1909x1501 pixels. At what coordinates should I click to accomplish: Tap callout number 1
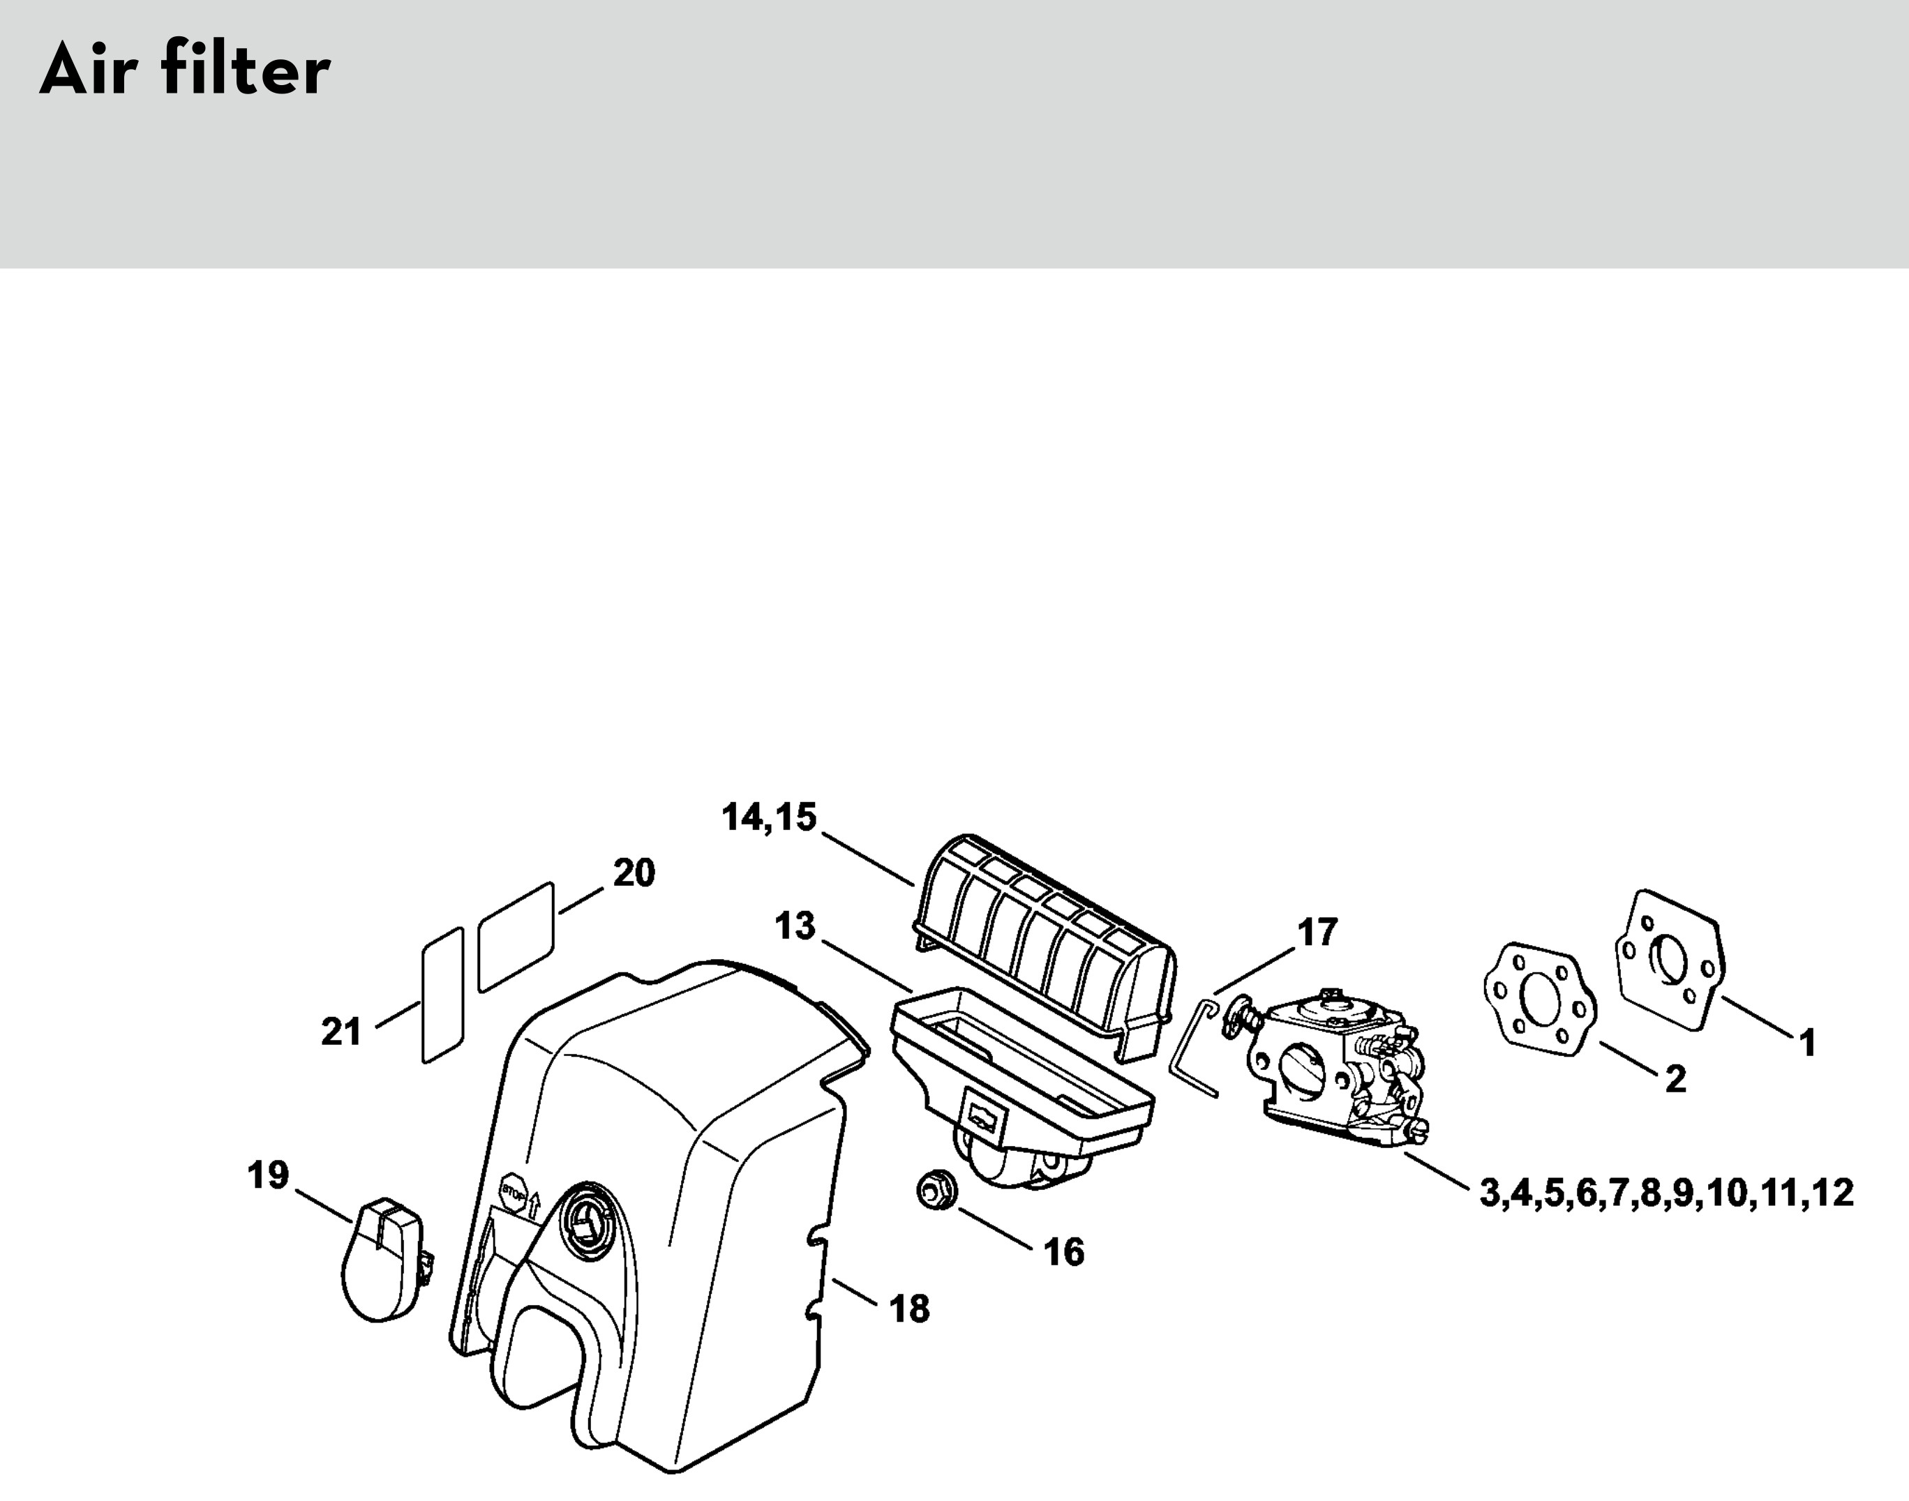tap(1807, 1043)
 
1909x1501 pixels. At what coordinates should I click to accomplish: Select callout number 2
tap(1675, 1079)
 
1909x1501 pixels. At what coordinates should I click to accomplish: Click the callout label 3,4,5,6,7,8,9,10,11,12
tap(1666, 1193)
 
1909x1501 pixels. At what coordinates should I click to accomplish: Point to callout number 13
tap(795, 926)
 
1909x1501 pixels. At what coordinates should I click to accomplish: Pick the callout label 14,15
tap(769, 817)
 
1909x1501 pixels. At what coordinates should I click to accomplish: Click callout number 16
tap(1063, 1252)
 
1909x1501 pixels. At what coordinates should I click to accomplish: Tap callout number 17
tap(1317, 933)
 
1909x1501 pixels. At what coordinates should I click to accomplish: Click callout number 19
tap(268, 1175)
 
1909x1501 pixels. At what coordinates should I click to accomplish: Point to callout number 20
tap(634, 873)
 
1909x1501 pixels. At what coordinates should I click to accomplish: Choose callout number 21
tap(341, 1032)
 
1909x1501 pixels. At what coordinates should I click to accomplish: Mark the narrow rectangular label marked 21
tap(443, 995)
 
